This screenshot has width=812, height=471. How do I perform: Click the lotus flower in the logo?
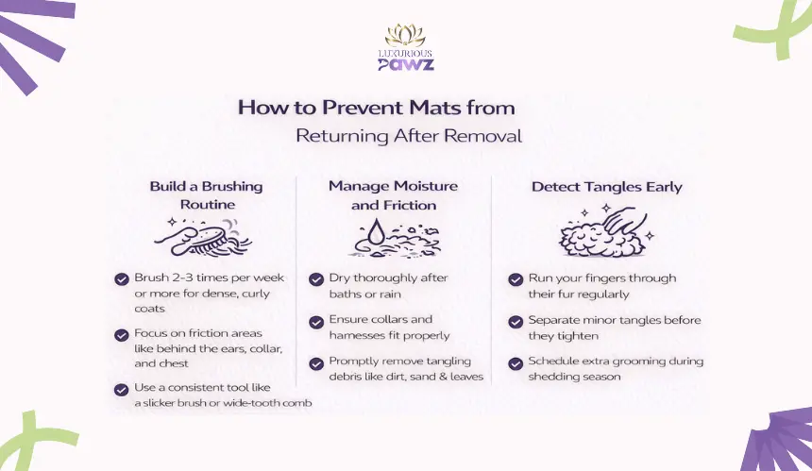(405, 35)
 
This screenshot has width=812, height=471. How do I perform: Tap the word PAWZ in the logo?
(406, 63)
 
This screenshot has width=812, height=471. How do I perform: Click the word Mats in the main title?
(435, 108)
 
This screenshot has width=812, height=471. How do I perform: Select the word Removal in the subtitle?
(482, 136)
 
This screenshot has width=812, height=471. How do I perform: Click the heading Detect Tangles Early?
(606, 187)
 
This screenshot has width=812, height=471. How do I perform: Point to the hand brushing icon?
(203, 237)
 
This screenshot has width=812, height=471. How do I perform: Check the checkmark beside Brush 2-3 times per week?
(122, 279)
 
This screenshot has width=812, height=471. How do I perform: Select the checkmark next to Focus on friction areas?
(122, 335)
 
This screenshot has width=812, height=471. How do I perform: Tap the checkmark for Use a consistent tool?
(122, 389)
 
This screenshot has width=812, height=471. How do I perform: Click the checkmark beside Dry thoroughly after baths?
(316, 279)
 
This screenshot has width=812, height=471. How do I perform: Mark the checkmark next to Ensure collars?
(316, 322)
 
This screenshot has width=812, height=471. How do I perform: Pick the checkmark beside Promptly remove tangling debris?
(316, 363)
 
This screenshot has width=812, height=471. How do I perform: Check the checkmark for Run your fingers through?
(516, 279)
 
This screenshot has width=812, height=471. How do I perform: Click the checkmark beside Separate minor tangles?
(516, 322)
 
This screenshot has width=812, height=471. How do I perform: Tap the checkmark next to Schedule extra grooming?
(516, 363)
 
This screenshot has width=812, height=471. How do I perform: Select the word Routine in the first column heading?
(208, 205)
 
